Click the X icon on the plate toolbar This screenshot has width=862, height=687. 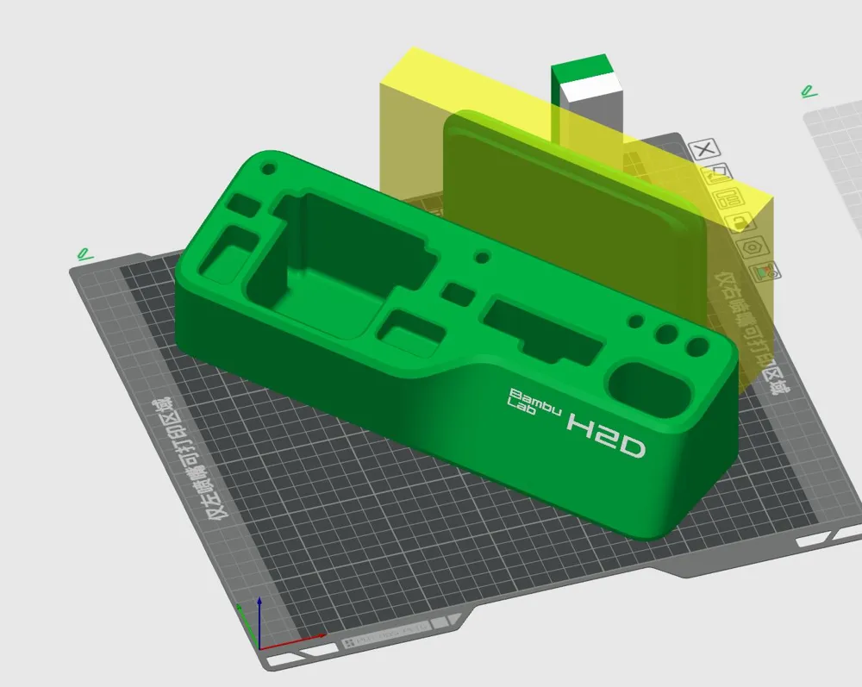[x=705, y=149]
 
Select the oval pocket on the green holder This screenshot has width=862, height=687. [x=648, y=385]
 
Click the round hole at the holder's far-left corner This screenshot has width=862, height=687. [x=268, y=168]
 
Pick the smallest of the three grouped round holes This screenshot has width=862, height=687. [x=636, y=321]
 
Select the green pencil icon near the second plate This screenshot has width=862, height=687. [x=809, y=90]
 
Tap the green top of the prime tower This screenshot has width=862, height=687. [x=582, y=68]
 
